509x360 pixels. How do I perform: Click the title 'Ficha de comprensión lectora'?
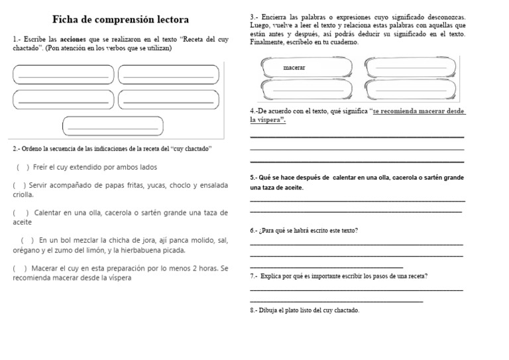click(x=120, y=19)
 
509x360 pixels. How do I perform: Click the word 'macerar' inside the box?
click(x=294, y=68)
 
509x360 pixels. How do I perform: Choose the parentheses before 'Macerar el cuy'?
click(x=19, y=268)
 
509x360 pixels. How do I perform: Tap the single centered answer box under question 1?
click(x=113, y=125)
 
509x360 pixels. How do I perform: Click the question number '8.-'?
click(x=255, y=310)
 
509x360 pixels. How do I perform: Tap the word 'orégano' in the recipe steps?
click(x=26, y=251)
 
